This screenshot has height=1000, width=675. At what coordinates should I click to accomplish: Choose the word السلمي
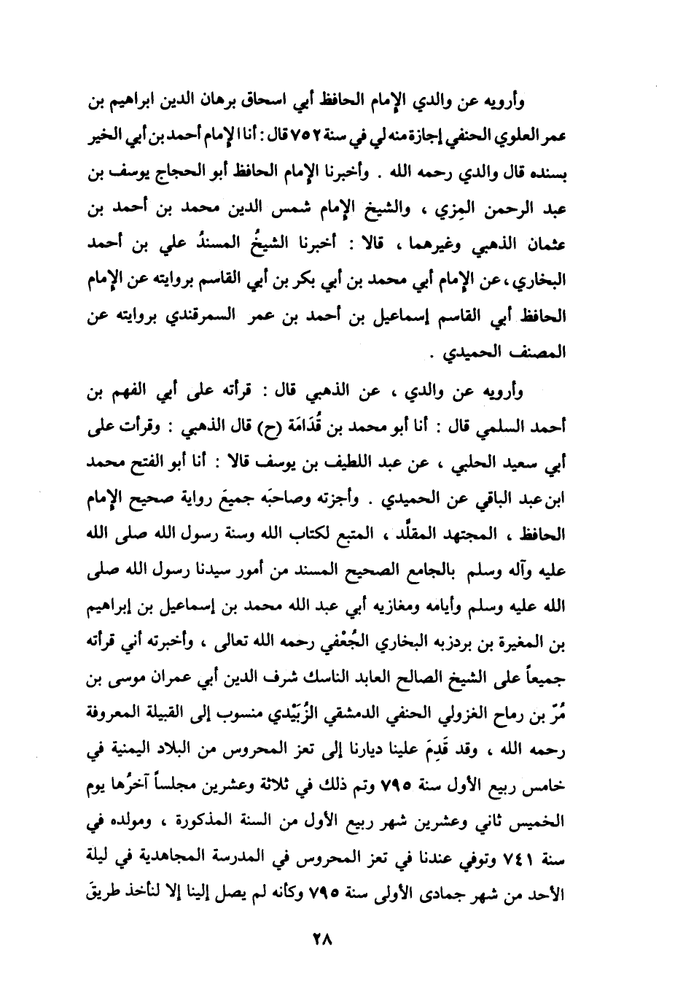pos(502,427)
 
